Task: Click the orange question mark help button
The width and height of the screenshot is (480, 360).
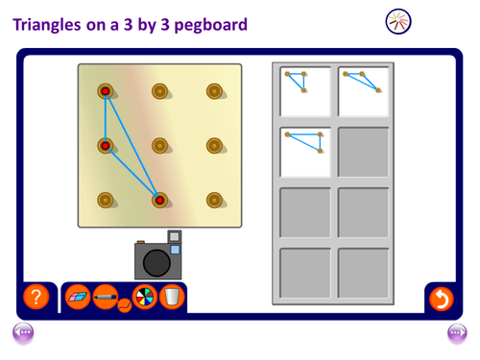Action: [36, 297]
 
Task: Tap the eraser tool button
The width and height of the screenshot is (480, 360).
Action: [78, 297]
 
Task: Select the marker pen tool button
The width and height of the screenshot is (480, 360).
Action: [106, 297]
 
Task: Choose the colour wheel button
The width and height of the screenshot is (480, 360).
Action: [145, 297]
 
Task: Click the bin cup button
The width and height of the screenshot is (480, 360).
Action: [172, 297]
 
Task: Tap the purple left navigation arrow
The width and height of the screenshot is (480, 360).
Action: [23, 333]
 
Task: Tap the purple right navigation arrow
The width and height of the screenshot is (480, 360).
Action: [457, 333]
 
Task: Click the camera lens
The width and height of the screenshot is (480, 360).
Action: [156, 263]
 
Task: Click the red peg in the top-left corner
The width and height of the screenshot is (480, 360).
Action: [106, 91]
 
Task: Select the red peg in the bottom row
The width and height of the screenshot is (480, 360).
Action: [159, 201]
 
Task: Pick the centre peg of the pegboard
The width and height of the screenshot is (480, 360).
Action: [159, 146]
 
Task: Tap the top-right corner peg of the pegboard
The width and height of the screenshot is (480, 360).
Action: [214, 91]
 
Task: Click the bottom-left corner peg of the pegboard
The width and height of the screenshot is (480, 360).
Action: [106, 201]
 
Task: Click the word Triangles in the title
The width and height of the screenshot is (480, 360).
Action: [47, 25]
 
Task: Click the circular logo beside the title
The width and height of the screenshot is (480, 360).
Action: [398, 21]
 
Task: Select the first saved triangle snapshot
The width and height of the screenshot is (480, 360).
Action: [305, 91]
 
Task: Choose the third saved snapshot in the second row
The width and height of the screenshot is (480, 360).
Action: [305, 152]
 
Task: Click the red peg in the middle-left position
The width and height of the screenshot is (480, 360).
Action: [106, 146]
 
